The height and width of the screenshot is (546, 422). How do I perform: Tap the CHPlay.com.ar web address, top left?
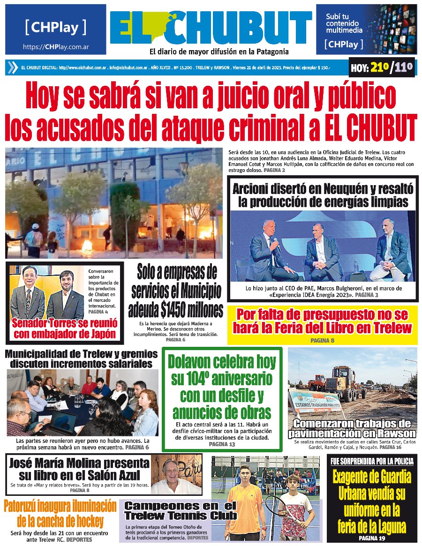pyautogui.click(x=56, y=47)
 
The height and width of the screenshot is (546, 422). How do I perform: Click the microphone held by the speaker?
pyautogui.click(x=276, y=242)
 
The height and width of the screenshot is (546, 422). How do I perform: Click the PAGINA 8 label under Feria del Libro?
pyautogui.click(x=323, y=340)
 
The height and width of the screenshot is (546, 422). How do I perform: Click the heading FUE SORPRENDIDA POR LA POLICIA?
pyautogui.click(x=372, y=462)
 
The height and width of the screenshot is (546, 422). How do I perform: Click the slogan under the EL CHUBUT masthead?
pyautogui.click(x=219, y=52)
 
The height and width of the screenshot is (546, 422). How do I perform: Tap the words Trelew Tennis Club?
pyautogui.click(x=181, y=516)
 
